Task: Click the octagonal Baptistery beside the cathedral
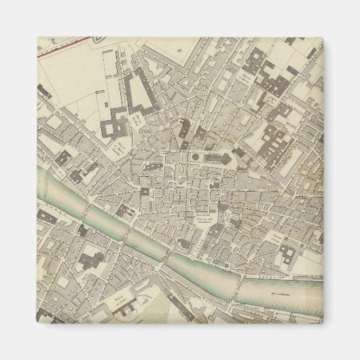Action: pyautogui.click(x=196, y=158)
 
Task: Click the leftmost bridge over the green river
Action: pyautogui.click(x=84, y=212)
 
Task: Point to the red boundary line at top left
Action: pyautogui.click(x=65, y=46)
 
